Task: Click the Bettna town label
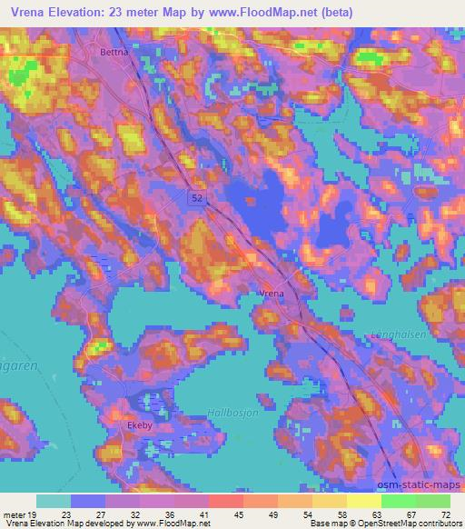(x=114, y=54)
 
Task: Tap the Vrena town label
(x=272, y=294)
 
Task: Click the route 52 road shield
(x=198, y=195)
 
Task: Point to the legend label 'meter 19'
(x=19, y=514)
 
